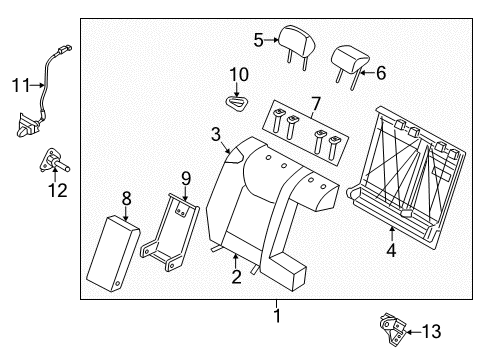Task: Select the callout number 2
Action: coord(237,277)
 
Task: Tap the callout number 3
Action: coord(215,134)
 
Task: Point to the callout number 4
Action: coord(391,251)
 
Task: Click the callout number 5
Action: coord(258,41)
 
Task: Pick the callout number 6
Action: coord(379,72)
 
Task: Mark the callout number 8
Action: coord(126,198)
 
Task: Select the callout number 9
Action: coord(186,179)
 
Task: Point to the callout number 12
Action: coord(58,188)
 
